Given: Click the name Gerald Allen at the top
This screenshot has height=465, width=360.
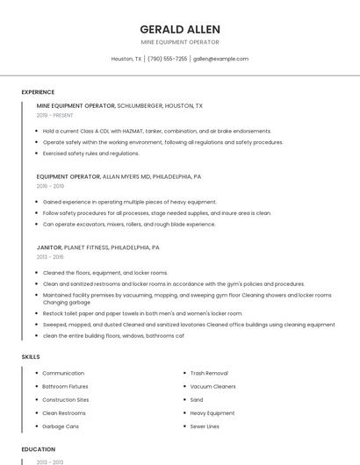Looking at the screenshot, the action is click(x=180, y=29).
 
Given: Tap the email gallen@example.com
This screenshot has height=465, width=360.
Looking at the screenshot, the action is click(x=220, y=59).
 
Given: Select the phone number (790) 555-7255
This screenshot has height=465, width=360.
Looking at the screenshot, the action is click(x=167, y=59).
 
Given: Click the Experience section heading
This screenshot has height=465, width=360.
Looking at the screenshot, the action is click(x=38, y=92).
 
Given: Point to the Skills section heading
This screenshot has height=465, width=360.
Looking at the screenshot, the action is click(x=31, y=356).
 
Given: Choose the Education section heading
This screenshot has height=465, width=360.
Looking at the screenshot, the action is click(x=38, y=449).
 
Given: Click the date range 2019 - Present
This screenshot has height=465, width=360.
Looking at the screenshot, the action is click(x=54, y=115).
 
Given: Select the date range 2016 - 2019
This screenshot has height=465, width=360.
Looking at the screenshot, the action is click(x=50, y=186).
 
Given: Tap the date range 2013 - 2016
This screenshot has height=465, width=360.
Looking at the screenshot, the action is click(x=50, y=257).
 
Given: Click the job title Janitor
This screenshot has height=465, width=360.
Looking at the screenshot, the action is click(x=48, y=247).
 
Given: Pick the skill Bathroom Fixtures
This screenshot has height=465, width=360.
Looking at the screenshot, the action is click(x=65, y=386).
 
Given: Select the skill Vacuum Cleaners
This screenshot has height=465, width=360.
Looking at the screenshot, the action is click(x=212, y=386).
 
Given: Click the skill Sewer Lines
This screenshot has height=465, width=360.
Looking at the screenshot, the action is click(x=205, y=426).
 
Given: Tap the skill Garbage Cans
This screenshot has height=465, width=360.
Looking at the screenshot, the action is click(x=61, y=426).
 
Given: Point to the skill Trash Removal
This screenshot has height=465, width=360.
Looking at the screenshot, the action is click(x=209, y=373).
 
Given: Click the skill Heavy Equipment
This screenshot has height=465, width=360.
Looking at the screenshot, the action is click(x=212, y=413).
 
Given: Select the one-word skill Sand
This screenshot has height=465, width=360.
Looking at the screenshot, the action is click(x=197, y=399).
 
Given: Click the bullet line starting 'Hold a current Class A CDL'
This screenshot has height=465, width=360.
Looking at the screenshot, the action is click(x=156, y=131).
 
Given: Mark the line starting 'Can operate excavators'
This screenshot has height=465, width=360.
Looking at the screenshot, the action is click(x=128, y=224).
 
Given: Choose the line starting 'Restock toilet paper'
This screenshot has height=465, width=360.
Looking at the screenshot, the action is click(x=142, y=313).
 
